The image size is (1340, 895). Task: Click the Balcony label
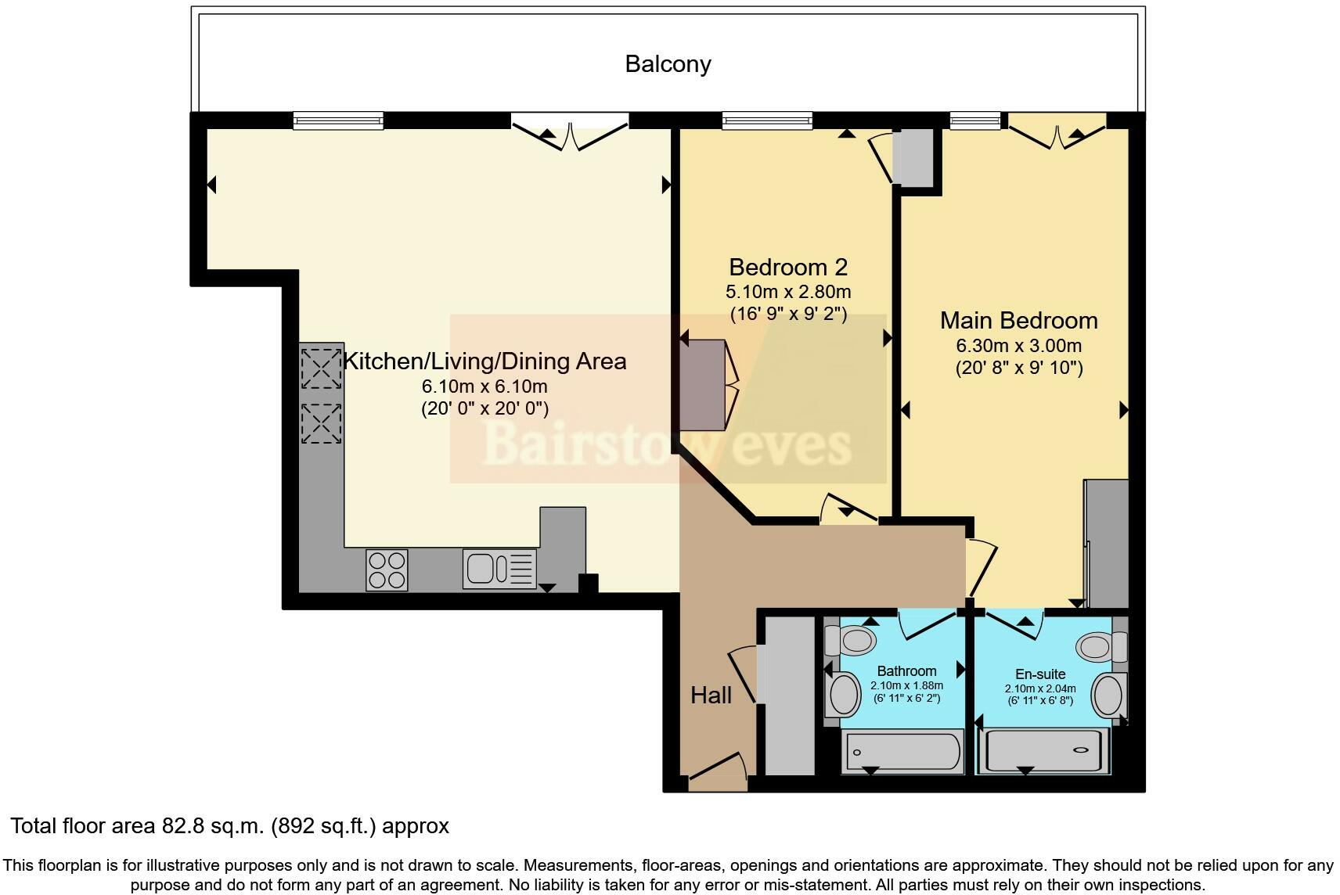[x=668, y=63]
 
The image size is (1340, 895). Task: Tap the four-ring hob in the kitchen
[x=387, y=570]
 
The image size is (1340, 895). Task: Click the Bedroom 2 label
[x=787, y=268]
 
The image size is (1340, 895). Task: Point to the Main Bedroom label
[x=1018, y=321]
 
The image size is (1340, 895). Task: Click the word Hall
[x=711, y=696]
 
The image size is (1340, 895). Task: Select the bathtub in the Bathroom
[x=901, y=753]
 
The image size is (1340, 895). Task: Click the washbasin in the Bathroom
[x=843, y=694]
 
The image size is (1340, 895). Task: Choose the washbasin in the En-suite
[x=1108, y=694]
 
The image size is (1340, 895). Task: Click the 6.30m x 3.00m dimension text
[x=1018, y=346]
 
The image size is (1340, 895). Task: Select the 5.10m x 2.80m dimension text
[x=787, y=293]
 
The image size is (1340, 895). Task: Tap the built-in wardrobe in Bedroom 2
[x=703, y=384]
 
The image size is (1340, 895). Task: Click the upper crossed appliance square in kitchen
[x=321, y=368]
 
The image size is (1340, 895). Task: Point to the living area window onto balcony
[x=338, y=120]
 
